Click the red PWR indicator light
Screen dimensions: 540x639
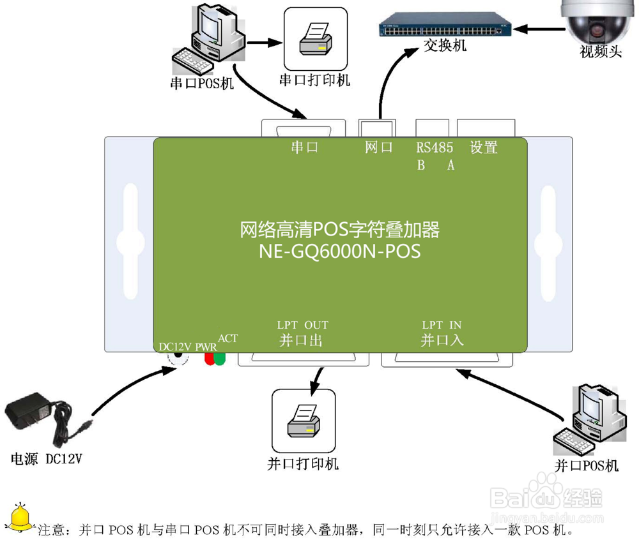(x=209, y=358)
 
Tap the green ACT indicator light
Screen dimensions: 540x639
(x=220, y=358)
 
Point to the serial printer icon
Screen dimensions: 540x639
(x=316, y=40)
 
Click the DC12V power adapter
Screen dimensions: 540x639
(x=38, y=418)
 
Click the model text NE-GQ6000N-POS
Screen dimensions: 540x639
(x=339, y=251)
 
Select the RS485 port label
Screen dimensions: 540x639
(x=435, y=148)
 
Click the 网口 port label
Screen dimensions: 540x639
(x=378, y=148)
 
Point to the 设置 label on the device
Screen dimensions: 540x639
(x=483, y=148)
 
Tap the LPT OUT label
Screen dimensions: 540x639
(x=302, y=326)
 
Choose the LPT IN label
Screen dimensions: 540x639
(x=442, y=326)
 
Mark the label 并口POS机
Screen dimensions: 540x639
(x=586, y=465)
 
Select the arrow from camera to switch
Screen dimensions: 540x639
(x=539, y=27)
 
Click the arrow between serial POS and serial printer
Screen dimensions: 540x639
(x=265, y=43)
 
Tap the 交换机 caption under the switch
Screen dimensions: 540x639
(x=445, y=46)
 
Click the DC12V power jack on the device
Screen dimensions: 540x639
(x=178, y=358)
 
